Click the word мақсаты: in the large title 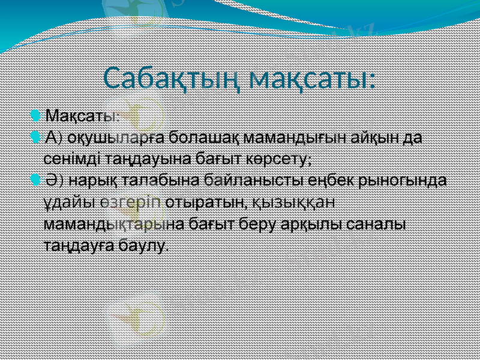pos(312,79)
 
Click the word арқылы pos(315,223)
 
